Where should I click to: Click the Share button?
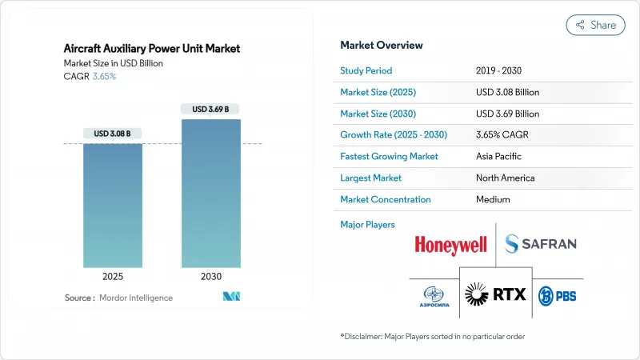pos(595,25)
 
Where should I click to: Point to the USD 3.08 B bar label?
pos(114,133)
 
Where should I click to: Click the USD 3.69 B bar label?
pos(211,109)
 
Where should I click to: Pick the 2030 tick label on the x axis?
pos(211,278)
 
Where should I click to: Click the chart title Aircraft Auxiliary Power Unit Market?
pos(152,49)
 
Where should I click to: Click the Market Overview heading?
pos(382,46)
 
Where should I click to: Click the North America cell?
pos(505,178)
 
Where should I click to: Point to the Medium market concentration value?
pos(494,199)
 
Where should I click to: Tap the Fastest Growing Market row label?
pos(389,157)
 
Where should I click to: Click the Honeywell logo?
pos(451,244)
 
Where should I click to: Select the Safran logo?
pos(541,243)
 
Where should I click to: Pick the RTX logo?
pos(495,294)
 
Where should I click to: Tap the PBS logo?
pos(557,295)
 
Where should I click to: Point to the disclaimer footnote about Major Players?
pos(432,336)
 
